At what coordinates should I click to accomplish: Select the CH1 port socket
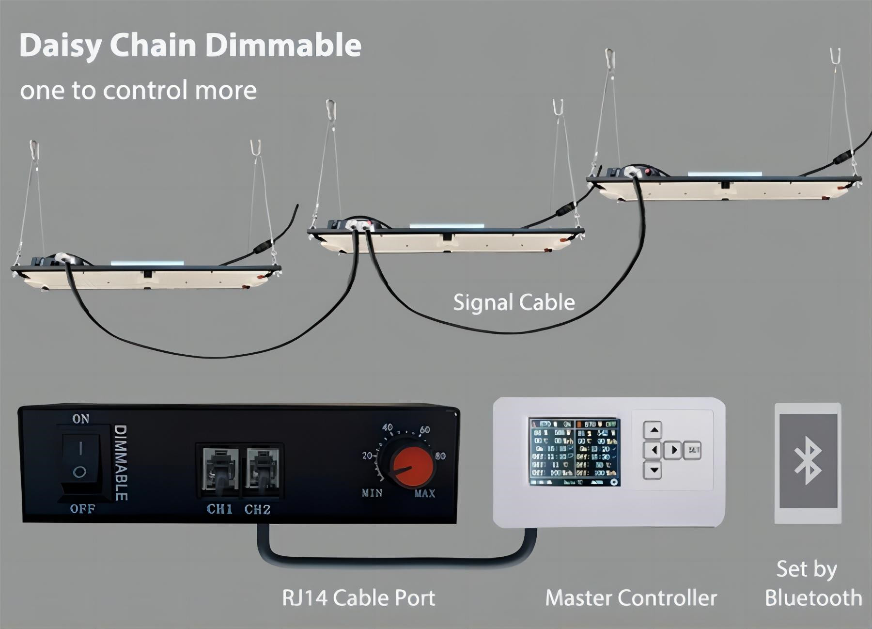tap(219, 469)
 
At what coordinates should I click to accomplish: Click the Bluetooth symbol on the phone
tap(808, 463)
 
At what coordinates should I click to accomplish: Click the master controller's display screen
tap(574, 452)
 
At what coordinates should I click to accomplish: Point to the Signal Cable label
tap(514, 302)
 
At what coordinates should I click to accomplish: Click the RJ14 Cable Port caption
tap(358, 598)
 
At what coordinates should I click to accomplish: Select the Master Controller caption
tap(631, 598)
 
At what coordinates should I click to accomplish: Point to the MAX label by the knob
tap(425, 494)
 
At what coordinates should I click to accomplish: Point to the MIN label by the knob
tap(372, 493)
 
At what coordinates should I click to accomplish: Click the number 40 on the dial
tap(387, 427)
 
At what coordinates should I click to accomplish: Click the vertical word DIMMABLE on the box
tap(120, 463)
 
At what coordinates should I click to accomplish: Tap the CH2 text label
tap(257, 509)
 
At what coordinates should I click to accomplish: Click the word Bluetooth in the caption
tap(813, 598)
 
